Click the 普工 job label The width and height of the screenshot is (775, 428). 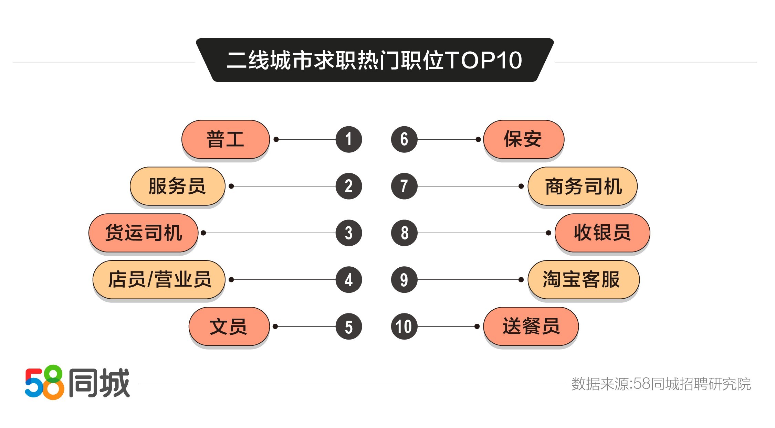pos(226,139)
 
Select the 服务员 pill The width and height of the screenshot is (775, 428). pos(177,186)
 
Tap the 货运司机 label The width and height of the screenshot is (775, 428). pos(144,233)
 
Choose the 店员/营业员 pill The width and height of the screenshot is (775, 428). pos(159,280)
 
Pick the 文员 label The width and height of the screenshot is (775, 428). pos(229,327)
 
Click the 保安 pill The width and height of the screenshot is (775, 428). pos(524,139)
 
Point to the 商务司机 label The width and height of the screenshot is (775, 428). pos(583,186)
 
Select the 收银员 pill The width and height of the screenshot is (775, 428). pos(603,233)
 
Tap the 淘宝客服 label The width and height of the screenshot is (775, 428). pos(584,280)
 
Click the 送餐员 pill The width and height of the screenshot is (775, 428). pos(531,327)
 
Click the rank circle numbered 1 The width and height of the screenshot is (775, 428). pos(349,139)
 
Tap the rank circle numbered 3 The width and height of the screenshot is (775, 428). pos(349,233)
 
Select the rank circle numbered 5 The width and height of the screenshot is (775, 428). pos(349,327)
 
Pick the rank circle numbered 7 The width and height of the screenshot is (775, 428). pos(404,186)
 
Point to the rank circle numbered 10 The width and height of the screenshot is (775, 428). pos(404,327)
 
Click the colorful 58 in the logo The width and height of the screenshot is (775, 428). pos(45,383)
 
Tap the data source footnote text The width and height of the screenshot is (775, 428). pos(661,384)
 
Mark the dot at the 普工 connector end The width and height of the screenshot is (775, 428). pos(276,139)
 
